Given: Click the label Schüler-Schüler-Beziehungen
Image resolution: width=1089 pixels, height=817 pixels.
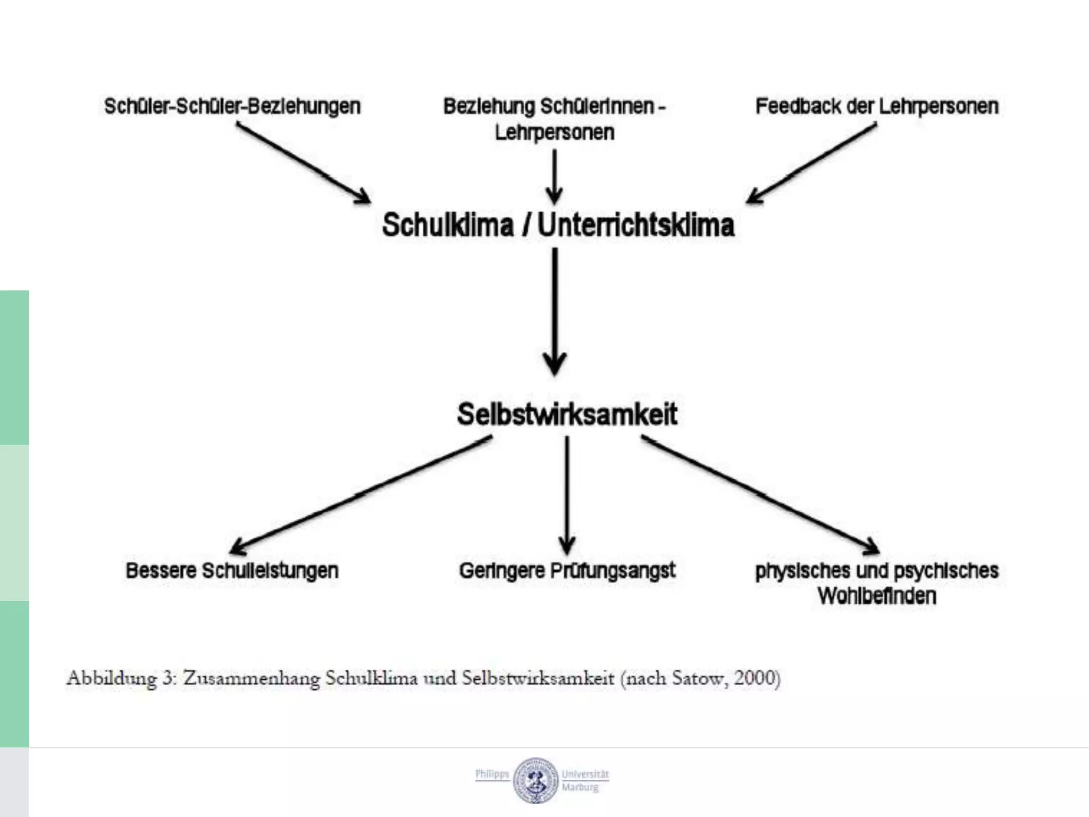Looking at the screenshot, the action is coord(232,106).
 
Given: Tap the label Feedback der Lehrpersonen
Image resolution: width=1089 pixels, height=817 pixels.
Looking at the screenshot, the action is coord(877,106).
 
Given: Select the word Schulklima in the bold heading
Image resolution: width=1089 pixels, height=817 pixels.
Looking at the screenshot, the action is coord(448,224).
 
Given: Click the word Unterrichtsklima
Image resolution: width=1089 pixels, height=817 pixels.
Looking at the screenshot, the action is coord(636,224).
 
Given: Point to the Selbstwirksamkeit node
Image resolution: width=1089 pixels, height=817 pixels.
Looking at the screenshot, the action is coord(567,414).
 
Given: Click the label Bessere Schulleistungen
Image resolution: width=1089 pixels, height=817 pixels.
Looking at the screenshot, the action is coord(232,571).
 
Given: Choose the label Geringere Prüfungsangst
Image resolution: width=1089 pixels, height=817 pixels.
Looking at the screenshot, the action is coord(567,571).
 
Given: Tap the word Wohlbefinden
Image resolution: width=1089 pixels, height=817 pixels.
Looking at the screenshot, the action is coord(877,596).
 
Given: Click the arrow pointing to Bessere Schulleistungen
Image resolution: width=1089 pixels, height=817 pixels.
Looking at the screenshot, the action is coord(362,495).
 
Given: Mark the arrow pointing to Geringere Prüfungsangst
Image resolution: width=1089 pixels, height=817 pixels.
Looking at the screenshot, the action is coord(567,495).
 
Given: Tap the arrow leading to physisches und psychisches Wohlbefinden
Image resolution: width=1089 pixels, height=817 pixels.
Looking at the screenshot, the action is coord(760,495).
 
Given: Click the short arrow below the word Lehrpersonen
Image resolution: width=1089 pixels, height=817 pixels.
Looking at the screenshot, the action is coord(555,176).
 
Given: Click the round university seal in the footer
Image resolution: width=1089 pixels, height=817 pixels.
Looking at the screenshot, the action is coord(536,780).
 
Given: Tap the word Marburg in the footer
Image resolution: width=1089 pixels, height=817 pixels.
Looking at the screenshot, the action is coord(580,787).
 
